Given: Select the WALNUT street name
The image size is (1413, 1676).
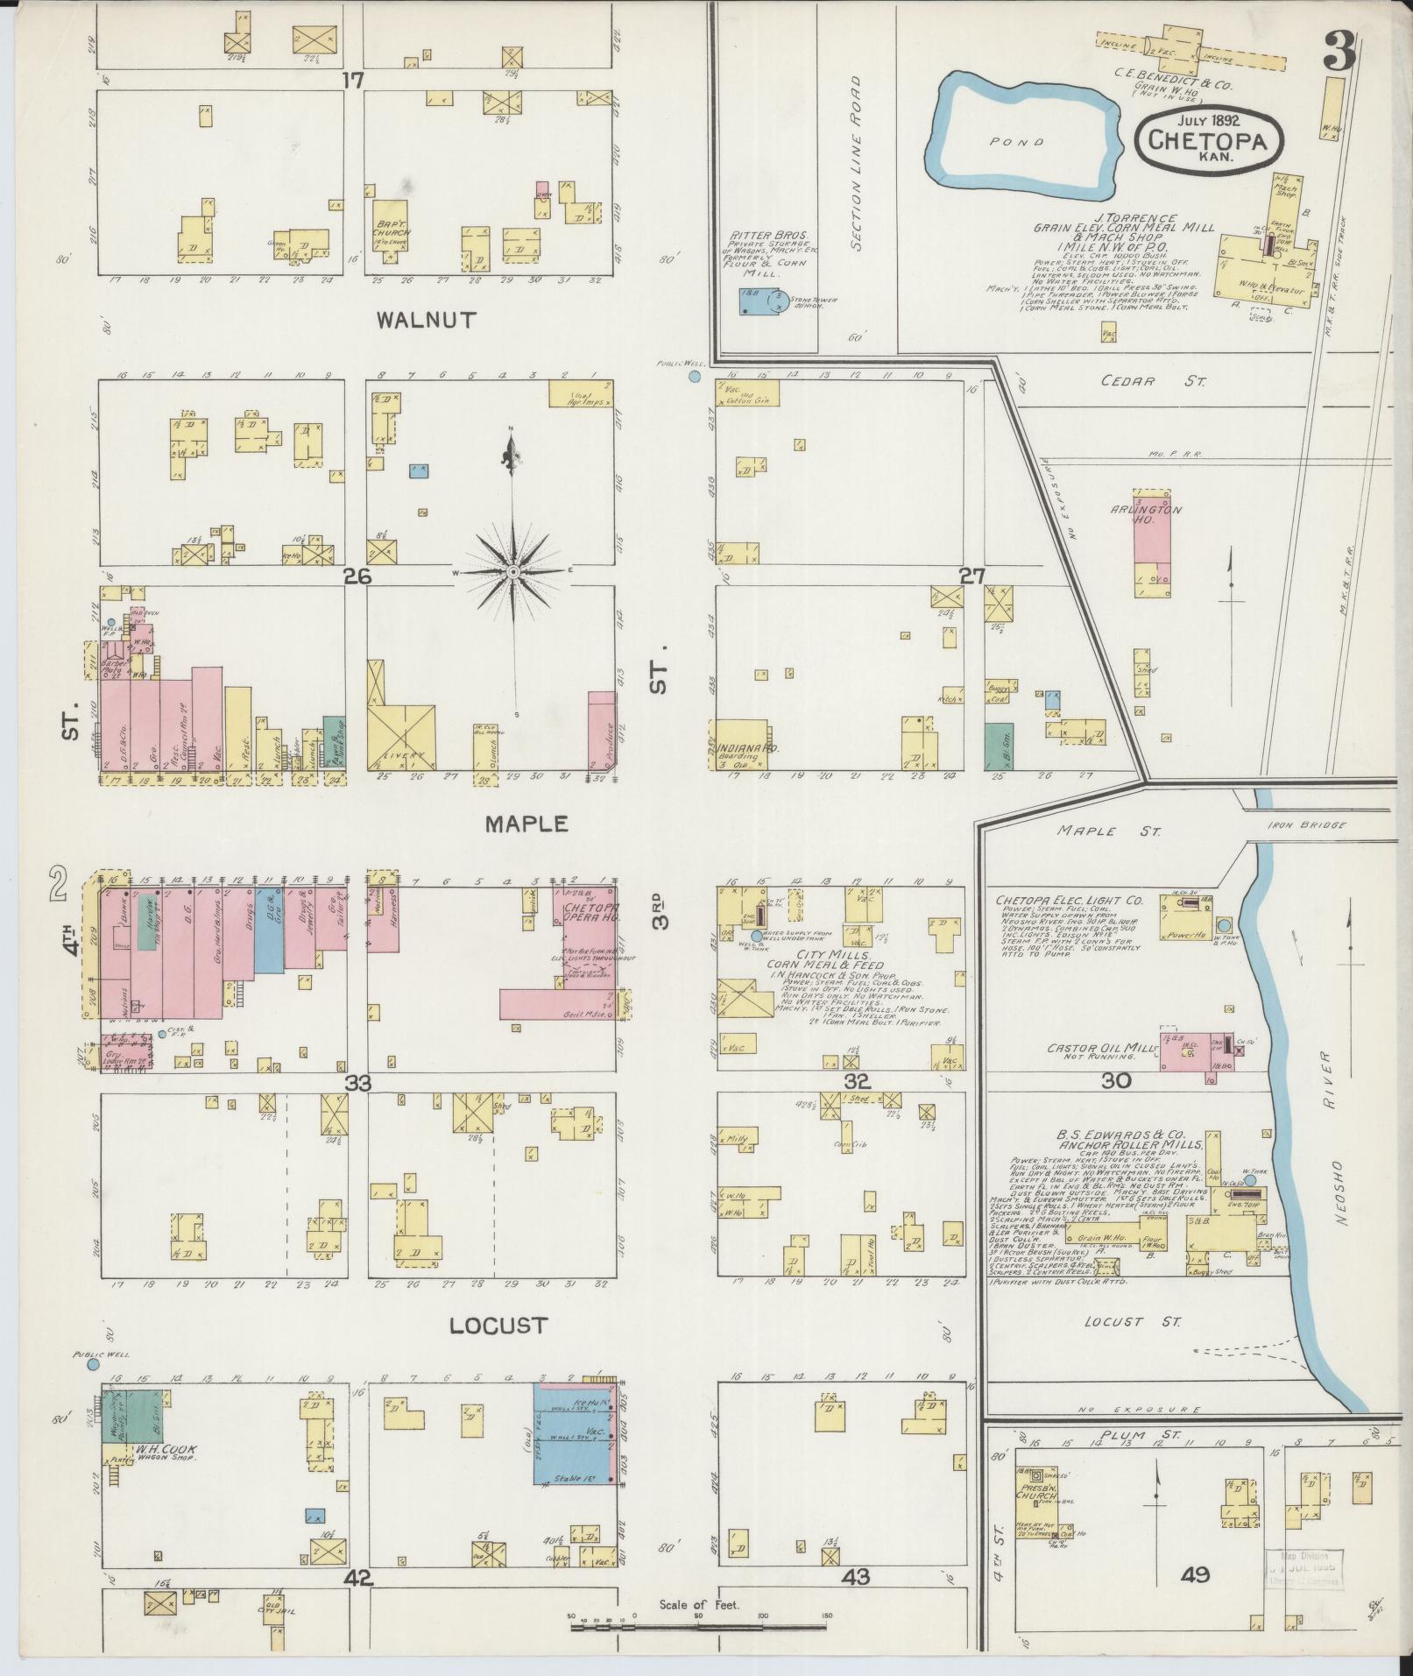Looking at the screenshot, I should (x=426, y=320).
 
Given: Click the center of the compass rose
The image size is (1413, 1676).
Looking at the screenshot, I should (x=514, y=571).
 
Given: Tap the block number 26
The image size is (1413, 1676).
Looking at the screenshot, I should (x=358, y=576).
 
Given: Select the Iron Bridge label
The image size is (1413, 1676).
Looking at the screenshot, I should (x=1301, y=825).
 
